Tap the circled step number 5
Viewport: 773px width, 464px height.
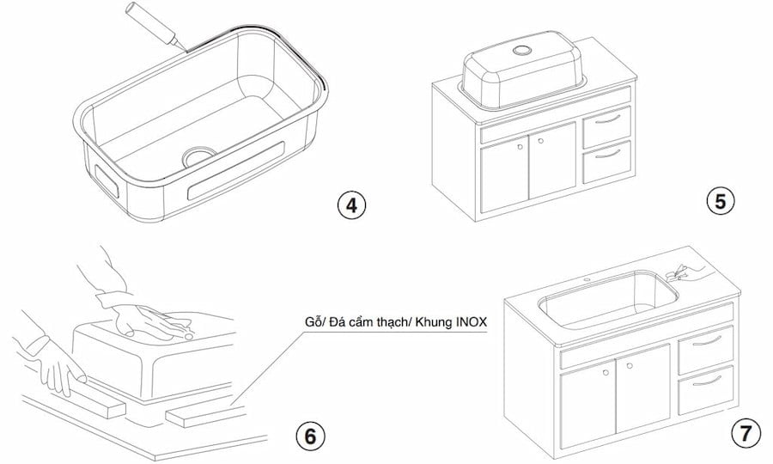720,200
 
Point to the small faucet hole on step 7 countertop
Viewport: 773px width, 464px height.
590,280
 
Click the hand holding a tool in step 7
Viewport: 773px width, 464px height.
687,272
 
